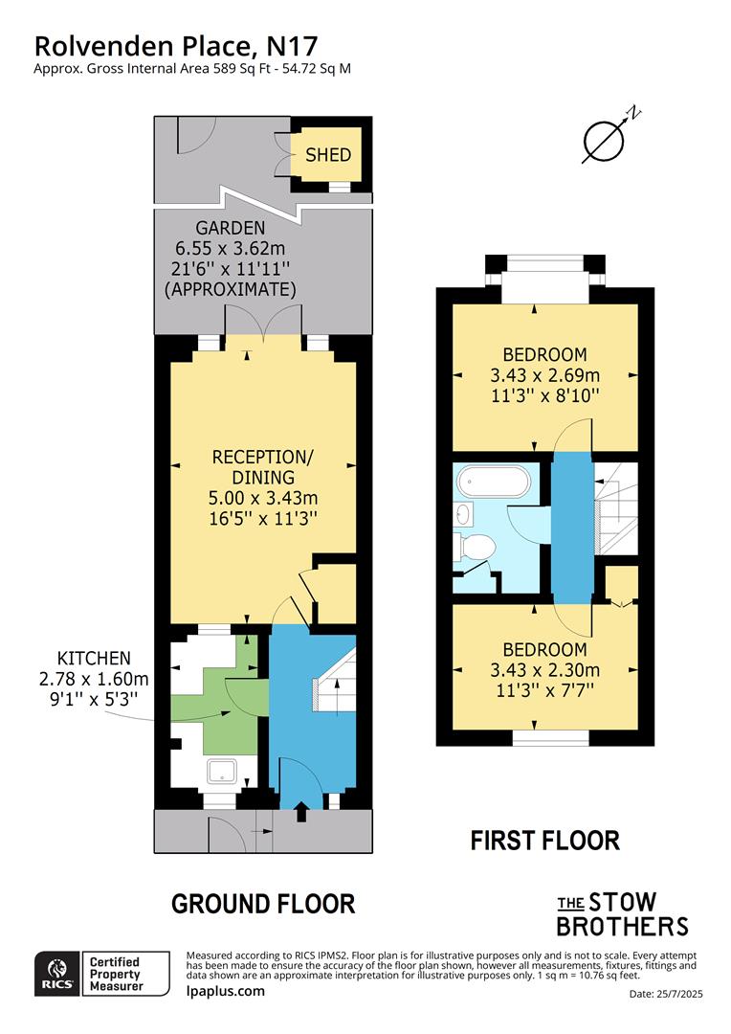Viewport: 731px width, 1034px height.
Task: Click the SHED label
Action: pyautogui.click(x=328, y=155)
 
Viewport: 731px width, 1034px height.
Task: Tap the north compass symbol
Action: pyautogui.click(x=605, y=140)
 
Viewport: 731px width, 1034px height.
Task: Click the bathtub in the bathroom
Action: pyautogui.click(x=491, y=483)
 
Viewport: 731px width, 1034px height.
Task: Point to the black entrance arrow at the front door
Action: pyautogui.click(x=303, y=812)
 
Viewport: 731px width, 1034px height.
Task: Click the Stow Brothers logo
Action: pyautogui.click(x=622, y=914)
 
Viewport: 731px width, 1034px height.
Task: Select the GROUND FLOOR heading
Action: pyautogui.click(x=263, y=903)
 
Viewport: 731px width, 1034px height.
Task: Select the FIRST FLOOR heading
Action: pyautogui.click(x=545, y=841)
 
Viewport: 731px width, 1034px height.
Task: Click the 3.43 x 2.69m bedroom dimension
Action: pyautogui.click(x=544, y=374)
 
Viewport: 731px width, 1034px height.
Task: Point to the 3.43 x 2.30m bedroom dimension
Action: pyautogui.click(x=544, y=669)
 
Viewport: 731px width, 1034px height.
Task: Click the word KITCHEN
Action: pyautogui.click(x=94, y=658)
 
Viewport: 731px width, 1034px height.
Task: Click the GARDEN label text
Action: pyautogui.click(x=231, y=228)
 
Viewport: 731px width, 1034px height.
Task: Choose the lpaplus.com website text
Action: pyautogui.click(x=225, y=991)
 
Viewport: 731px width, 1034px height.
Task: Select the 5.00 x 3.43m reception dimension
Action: pyautogui.click(x=263, y=498)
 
